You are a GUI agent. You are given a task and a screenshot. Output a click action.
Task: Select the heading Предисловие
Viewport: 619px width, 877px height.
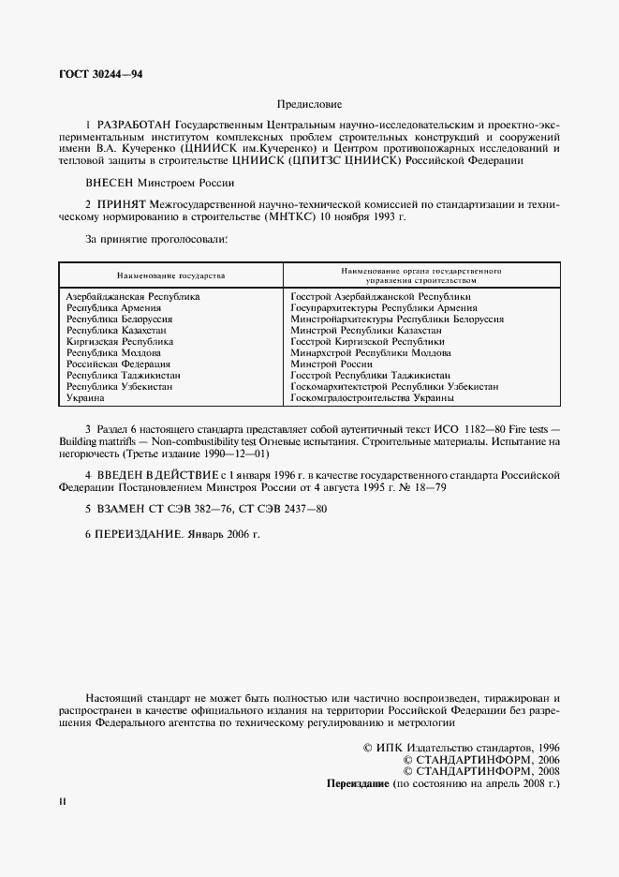[x=309, y=103]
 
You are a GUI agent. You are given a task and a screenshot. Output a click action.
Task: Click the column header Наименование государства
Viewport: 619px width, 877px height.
[x=171, y=276]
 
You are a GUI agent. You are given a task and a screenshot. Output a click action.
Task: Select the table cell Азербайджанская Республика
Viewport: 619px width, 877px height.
[x=132, y=297]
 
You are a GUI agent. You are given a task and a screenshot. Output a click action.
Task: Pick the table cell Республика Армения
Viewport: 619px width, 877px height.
[x=113, y=307]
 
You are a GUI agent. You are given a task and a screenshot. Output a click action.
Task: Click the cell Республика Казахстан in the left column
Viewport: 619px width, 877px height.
[x=116, y=331]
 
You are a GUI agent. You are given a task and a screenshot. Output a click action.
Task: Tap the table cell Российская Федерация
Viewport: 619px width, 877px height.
[x=118, y=364]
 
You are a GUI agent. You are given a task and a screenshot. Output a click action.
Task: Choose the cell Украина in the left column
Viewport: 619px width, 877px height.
[x=85, y=398]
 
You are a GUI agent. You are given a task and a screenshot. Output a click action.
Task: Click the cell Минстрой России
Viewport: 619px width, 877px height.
[x=332, y=364]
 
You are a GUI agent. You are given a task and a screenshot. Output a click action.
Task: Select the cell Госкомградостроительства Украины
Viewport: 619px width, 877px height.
[x=373, y=398]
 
